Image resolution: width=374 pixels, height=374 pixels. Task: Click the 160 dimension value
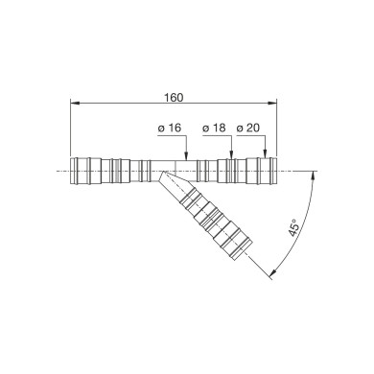click(174, 98)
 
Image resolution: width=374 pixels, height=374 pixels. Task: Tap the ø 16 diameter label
click(170, 128)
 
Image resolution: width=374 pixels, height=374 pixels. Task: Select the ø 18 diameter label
click(214, 128)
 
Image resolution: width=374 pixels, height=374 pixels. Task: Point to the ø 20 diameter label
click(248, 128)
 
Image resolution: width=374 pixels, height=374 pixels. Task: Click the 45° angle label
click(294, 228)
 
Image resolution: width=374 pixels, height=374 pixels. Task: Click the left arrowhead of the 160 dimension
click(75, 103)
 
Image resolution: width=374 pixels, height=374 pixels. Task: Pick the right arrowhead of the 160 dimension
click(272, 103)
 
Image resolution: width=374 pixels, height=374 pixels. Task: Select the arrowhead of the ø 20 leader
click(265, 153)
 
